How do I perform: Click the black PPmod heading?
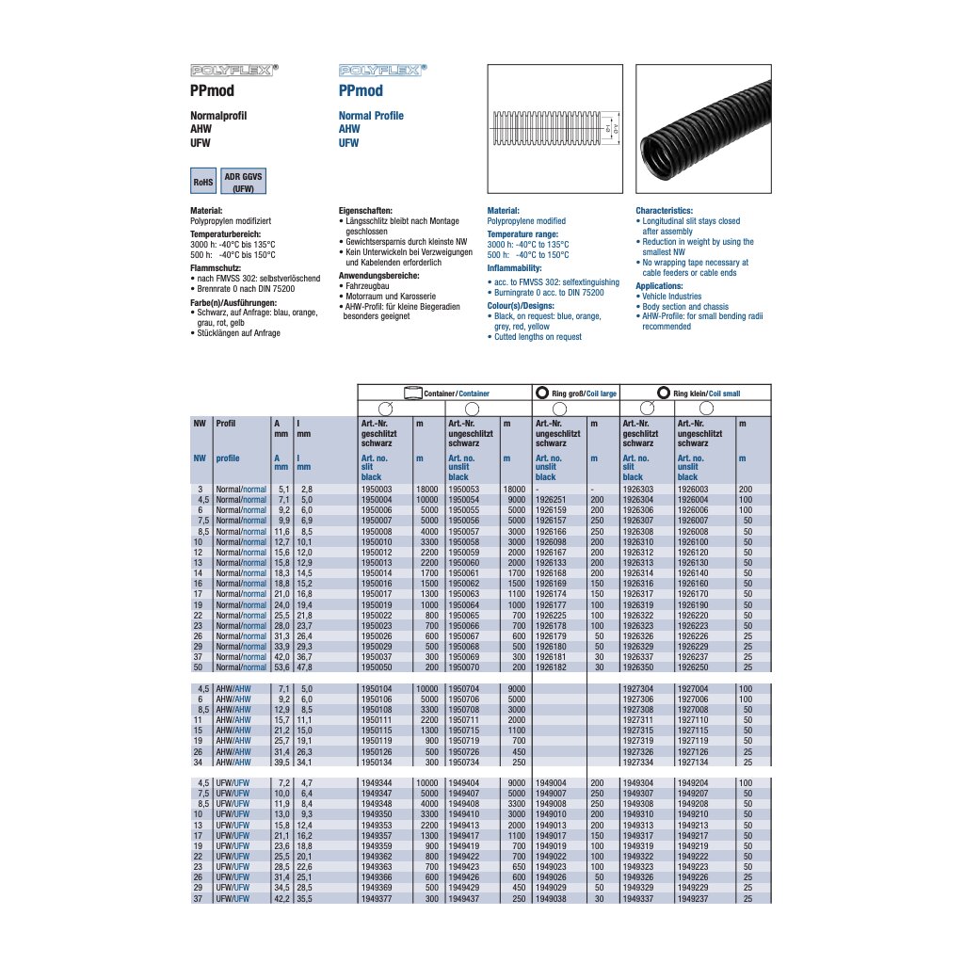tap(212, 91)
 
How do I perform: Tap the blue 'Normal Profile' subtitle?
tap(371, 116)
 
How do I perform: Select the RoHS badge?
tap(203, 182)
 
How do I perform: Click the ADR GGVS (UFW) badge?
tap(244, 182)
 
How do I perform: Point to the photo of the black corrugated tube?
tap(702, 127)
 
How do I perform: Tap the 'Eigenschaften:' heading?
tap(364, 211)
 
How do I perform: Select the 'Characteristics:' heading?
tap(664, 211)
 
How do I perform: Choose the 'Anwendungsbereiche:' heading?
tap(378, 275)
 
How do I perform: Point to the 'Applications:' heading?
tap(659, 285)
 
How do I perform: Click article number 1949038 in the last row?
tap(549, 899)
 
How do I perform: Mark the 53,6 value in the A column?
tap(281, 667)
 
